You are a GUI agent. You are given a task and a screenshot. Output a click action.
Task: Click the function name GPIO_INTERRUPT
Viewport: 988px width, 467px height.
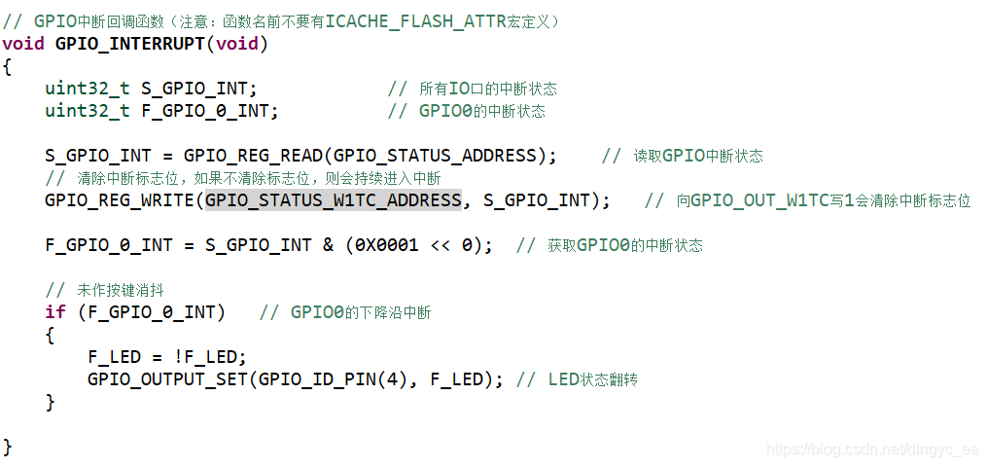pyautogui.click(x=131, y=44)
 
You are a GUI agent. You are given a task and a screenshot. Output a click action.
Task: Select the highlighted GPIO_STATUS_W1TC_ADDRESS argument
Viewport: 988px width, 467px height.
pyautogui.click(x=334, y=200)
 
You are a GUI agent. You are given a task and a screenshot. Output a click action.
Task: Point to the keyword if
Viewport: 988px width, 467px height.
pyautogui.click(x=55, y=312)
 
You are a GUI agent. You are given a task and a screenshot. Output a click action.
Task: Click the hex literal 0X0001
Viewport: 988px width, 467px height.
pyautogui.click(x=386, y=245)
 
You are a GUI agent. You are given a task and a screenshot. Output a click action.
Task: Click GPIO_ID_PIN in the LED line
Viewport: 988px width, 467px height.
pyautogui.click(x=301, y=379)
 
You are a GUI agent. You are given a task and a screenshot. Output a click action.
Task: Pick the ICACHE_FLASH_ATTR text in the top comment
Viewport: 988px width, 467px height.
pyautogui.click(x=415, y=20)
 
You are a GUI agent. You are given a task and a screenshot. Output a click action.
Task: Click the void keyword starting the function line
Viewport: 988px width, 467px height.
pyautogui.click(x=23, y=44)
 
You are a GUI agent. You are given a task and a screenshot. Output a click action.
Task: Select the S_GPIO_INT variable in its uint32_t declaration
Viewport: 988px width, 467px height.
pyautogui.click(x=194, y=89)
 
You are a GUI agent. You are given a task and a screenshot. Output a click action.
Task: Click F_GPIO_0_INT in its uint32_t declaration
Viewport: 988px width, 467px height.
pyautogui.click(x=205, y=111)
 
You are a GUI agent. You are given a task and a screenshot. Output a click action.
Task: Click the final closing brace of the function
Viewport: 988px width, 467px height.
pyautogui.click(x=8, y=447)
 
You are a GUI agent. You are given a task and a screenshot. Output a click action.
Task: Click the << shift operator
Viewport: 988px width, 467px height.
pyautogui.click(x=440, y=245)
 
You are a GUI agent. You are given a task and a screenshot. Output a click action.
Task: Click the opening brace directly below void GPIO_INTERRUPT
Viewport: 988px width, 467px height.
pyautogui.click(x=8, y=66)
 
